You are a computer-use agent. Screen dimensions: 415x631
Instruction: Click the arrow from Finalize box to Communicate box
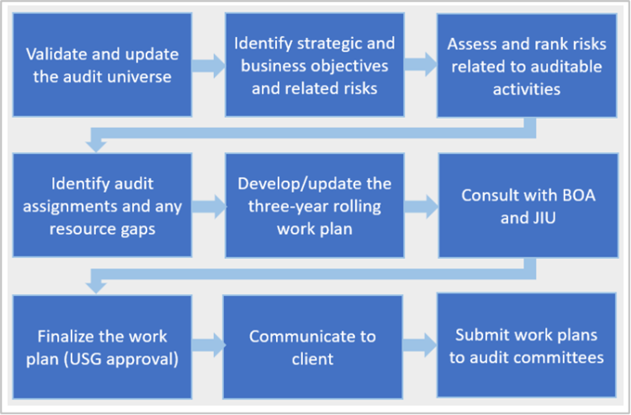(208, 345)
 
